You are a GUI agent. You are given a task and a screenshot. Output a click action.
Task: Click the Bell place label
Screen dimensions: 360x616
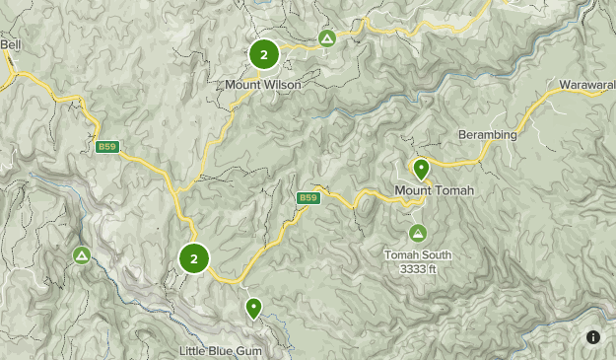point(11,44)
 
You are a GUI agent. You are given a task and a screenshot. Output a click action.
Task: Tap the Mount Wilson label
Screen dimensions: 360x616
point(262,85)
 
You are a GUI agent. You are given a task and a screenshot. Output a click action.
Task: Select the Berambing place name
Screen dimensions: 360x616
point(487,134)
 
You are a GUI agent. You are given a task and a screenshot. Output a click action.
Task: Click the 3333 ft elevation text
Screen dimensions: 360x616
point(418,268)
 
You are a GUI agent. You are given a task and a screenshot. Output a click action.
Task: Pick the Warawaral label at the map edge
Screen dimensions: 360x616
point(587,86)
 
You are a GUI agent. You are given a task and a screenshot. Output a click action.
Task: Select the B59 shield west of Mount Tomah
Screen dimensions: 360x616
point(308,198)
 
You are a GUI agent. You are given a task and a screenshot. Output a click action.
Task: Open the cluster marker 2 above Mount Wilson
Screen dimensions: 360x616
point(263,54)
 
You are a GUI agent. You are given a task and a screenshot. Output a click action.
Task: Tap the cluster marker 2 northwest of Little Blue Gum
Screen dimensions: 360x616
point(194,258)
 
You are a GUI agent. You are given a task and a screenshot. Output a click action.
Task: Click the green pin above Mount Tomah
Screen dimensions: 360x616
point(421,169)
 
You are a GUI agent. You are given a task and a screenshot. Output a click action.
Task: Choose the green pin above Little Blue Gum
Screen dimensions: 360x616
point(253,308)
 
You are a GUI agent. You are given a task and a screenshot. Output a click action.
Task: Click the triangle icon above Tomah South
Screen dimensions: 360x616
point(417,233)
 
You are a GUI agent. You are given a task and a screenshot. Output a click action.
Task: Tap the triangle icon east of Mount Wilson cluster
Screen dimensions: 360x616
point(327,38)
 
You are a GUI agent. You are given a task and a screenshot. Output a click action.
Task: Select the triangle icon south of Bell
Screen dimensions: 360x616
point(82,255)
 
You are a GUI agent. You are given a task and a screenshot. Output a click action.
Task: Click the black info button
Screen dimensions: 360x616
point(593,337)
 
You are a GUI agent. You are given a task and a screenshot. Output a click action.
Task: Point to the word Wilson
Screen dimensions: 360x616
point(283,85)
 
